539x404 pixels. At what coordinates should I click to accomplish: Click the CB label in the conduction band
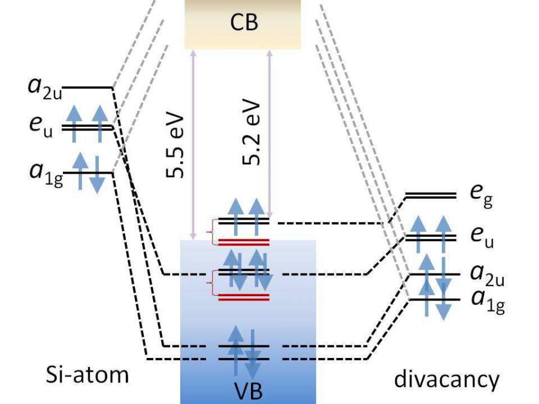(x=244, y=22)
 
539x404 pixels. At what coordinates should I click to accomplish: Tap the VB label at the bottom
(x=248, y=391)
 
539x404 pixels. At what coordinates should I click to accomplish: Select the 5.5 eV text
(x=175, y=145)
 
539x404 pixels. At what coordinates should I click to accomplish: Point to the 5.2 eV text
(x=251, y=132)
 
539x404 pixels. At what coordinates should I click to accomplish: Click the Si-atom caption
(x=87, y=375)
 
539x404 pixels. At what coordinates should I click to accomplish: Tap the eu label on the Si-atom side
(x=41, y=127)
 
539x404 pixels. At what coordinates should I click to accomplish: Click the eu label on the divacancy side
(x=482, y=237)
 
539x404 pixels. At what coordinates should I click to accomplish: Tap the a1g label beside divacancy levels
(x=488, y=302)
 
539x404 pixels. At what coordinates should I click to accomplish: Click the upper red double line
(x=244, y=242)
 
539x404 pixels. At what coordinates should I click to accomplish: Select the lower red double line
(x=244, y=297)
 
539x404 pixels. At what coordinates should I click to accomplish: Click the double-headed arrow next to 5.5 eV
(x=193, y=145)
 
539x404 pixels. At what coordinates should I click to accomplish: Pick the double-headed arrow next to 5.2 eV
(x=269, y=133)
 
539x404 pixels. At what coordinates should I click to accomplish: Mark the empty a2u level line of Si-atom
(x=88, y=88)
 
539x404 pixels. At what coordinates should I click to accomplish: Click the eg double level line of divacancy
(x=431, y=196)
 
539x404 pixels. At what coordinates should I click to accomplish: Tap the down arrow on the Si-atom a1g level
(x=97, y=175)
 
